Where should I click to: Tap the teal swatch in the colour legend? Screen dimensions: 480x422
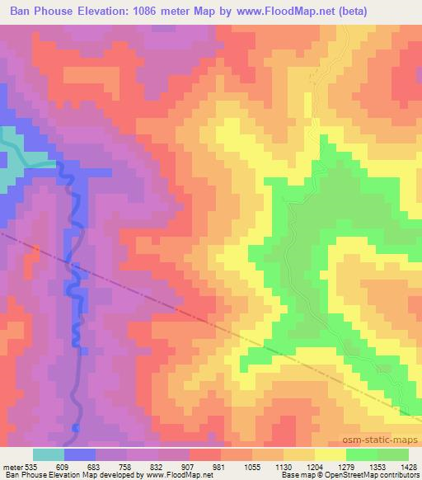tap(49, 454)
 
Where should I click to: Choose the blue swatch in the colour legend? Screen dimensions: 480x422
tap(80, 454)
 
